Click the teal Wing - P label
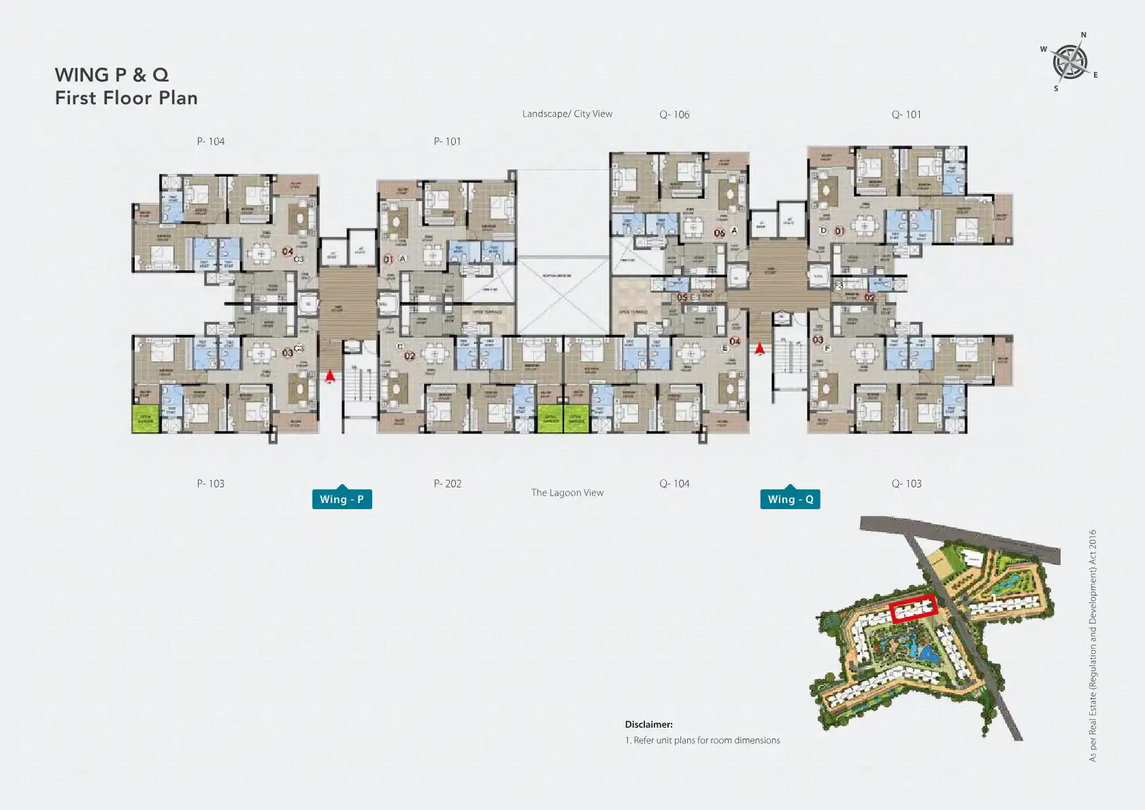[342, 499]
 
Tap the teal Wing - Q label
[790, 499]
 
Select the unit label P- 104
[211, 142]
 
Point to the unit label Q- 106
[674, 115]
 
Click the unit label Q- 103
[906, 484]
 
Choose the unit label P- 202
[448, 484]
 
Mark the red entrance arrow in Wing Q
[759, 349]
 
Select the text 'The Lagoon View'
[567, 493]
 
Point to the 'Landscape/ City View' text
[567, 114]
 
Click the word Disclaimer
[648, 725]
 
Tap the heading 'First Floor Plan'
[127, 98]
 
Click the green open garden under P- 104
[145, 419]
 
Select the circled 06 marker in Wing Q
[719, 233]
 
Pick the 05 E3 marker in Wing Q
[688, 297]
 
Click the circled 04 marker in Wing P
[288, 252]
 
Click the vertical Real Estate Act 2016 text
[1093, 645]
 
